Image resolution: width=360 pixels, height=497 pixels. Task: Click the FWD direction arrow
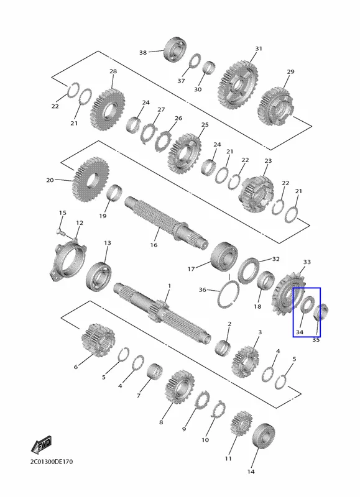click(41, 445)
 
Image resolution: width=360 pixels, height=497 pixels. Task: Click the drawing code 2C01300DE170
click(52, 462)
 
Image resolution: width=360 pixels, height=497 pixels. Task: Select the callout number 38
click(143, 52)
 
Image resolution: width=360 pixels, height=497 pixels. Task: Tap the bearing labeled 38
click(175, 50)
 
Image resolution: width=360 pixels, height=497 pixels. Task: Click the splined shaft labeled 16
click(166, 222)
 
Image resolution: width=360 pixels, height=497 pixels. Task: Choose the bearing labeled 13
click(98, 275)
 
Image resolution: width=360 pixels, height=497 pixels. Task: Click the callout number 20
click(50, 180)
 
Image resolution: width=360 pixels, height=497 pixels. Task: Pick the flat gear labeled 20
click(91, 179)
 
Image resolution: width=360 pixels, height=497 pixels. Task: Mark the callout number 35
click(316, 340)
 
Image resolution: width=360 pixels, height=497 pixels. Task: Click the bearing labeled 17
click(224, 257)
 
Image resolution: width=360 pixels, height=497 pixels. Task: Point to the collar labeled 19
click(114, 193)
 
